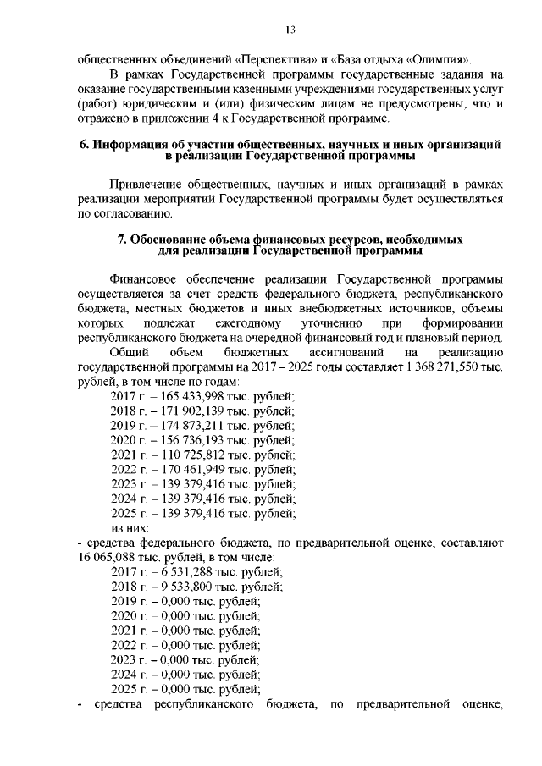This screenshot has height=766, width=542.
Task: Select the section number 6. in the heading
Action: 84,145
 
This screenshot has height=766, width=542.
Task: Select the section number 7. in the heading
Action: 121,240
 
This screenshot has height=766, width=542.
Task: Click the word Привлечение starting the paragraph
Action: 147,185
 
